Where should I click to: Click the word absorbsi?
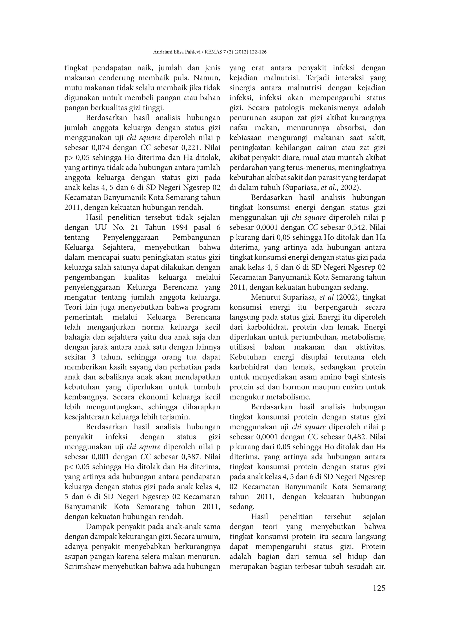point(351,128)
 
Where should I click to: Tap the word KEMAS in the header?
point(212,52)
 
